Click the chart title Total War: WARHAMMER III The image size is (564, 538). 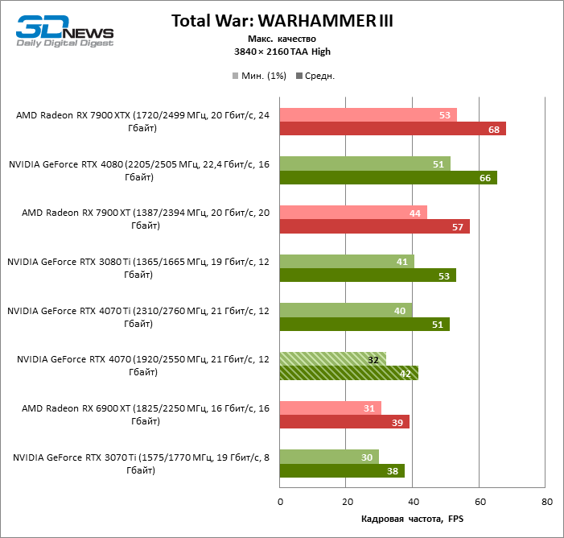tap(282, 21)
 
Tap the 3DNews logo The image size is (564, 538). tap(65, 30)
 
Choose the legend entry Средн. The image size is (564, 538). tap(316, 76)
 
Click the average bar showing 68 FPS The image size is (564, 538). tap(393, 129)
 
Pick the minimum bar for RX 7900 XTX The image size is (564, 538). tap(368, 115)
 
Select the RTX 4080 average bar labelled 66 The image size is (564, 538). tap(388, 178)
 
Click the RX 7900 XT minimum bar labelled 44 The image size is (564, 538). tap(353, 213)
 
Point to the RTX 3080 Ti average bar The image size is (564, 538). tap(368, 275)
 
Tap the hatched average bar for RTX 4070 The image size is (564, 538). tap(348, 373)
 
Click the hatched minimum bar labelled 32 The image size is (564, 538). tap(332, 359)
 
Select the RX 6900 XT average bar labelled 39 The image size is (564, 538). tap(344, 422)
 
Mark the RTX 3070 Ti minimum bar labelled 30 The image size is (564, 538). tap(329, 457)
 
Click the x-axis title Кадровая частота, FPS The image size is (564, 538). tap(413, 518)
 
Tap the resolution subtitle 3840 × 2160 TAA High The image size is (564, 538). tap(282, 52)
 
